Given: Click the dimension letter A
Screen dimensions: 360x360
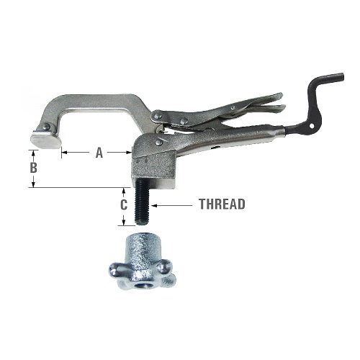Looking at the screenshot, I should (99, 153).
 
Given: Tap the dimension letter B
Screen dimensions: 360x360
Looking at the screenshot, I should (32, 167).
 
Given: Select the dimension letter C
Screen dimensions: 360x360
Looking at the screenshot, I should (125, 204).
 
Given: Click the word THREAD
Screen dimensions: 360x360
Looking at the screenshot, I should (222, 204).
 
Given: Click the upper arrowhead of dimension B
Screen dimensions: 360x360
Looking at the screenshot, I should (32, 152).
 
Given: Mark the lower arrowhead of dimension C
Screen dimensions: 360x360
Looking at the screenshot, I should (125, 222).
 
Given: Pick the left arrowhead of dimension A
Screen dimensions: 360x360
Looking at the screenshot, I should (64, 153).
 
